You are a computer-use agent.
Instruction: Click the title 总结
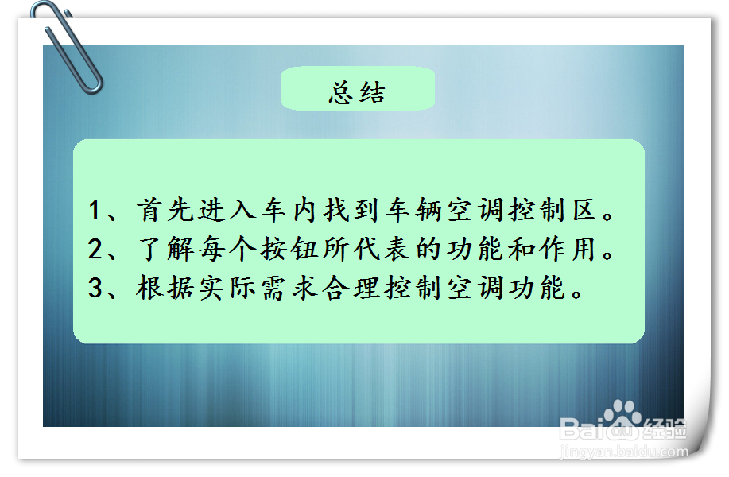(357, 92)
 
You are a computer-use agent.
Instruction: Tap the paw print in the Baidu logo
(622, 417)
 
